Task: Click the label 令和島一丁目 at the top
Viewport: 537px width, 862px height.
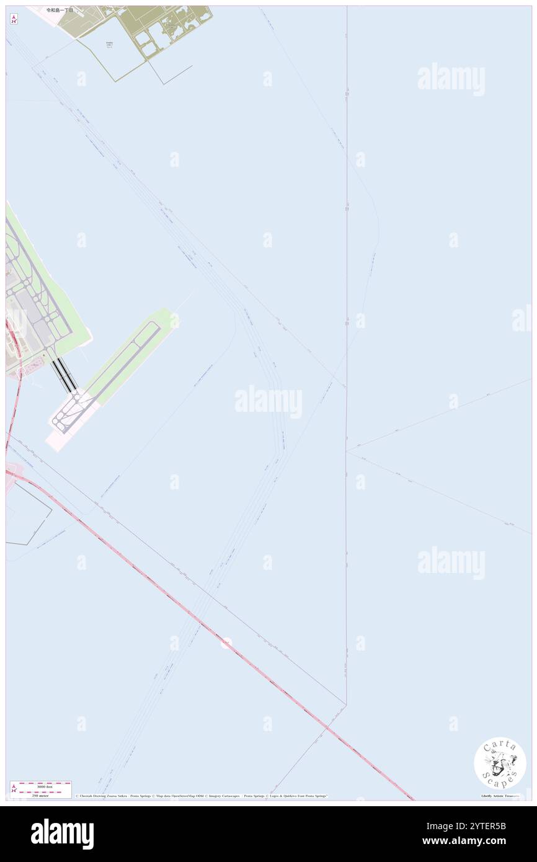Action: [x=61, y=10]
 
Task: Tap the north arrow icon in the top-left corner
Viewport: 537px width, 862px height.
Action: [x=13, y=19]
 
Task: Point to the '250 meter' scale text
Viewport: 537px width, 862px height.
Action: [x=41, y=795]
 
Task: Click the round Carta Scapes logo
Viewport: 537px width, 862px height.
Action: [x=500, y=763]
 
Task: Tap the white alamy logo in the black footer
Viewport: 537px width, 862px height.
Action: [x=62, y=834]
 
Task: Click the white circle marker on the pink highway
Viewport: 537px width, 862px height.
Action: [x=226, y=644]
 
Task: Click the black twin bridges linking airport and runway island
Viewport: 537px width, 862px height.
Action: [x=64, y=375]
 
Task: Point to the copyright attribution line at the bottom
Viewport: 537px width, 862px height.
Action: [x=202, y=796]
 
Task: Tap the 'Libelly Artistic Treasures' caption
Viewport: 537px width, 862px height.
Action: [x=500, y=796]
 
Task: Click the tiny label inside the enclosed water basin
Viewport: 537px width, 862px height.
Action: [x=109, y=45]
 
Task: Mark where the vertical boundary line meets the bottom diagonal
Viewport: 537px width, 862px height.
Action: [x=345, y=704]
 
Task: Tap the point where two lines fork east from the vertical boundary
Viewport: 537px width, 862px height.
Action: [x=346, y=450]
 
